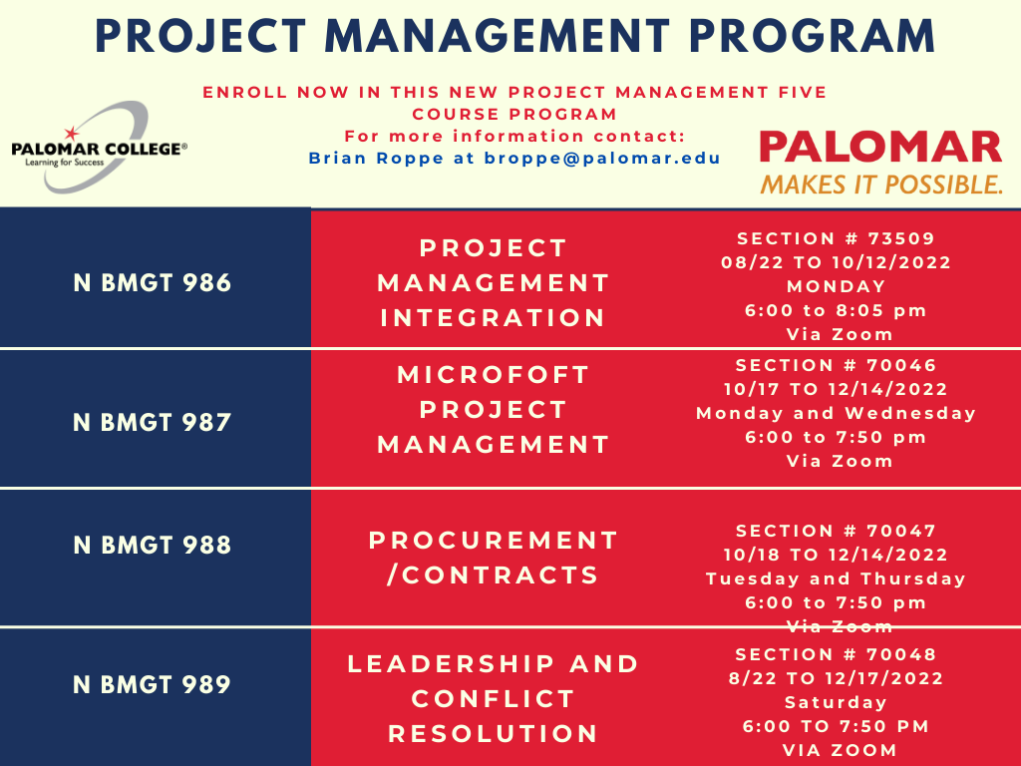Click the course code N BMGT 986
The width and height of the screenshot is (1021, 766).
pos(153,283)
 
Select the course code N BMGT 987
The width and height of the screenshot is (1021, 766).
pos(153,422)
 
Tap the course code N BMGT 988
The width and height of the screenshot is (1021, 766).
pos(153,546)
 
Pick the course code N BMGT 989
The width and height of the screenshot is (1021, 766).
pos(153,684)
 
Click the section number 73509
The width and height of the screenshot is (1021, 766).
pos(836,239)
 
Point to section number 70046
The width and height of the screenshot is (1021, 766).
pos(837,365)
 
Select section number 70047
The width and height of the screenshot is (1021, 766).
pos(837,531)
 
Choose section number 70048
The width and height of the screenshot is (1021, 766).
pos(837,654)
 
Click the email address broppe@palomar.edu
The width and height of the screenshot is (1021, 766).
pos(603,158)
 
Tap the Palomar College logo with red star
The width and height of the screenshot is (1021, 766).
pos(99,147)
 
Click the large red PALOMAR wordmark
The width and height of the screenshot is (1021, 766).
pos(880,147)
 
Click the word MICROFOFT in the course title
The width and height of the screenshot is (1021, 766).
pos(494,376)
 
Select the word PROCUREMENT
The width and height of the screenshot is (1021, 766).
pos(494,541)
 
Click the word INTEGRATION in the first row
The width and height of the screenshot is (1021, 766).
pos(494,318)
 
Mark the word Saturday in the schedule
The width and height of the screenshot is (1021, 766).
pos(836,702)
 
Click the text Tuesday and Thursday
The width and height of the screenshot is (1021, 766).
pos(836,578)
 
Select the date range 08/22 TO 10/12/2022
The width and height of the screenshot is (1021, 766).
pos(836,263)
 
